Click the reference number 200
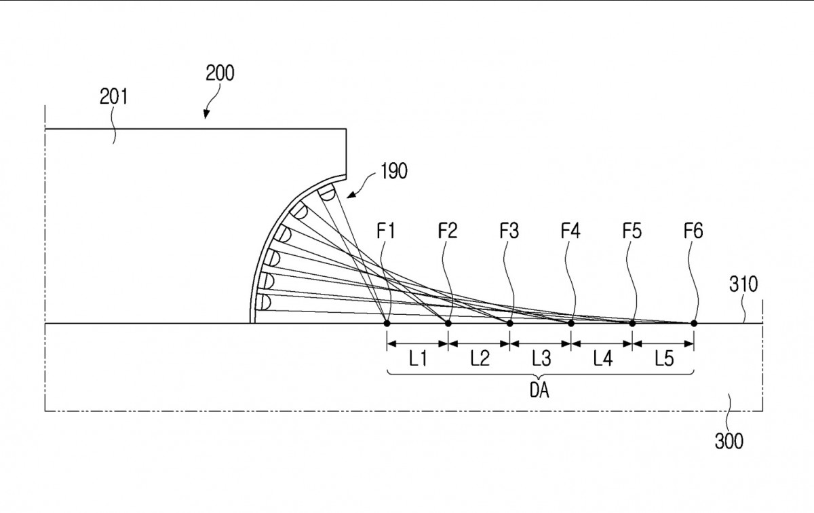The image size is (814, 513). point(220,73)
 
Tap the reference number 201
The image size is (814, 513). point(114,97)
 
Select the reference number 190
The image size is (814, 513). point(394,171)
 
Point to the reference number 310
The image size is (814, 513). point(743,284)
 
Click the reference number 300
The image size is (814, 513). point(729,441)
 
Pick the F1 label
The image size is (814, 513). point(385,231)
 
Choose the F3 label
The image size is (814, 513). point(509,231)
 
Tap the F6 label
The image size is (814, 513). point(693,231)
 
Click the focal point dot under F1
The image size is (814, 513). point(387,323)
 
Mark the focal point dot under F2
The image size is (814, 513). point(448,323)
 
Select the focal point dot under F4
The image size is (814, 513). point(571,323)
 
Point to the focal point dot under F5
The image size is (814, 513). point(632,323)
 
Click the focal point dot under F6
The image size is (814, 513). point(694,323)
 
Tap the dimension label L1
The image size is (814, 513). point(418,359)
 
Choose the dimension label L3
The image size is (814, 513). point(541,359)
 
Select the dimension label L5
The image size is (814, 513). point(664,359)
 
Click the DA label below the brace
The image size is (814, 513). point(539,390)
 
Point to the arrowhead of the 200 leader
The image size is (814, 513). point(206,114)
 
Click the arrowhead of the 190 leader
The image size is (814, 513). point(350,195)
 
